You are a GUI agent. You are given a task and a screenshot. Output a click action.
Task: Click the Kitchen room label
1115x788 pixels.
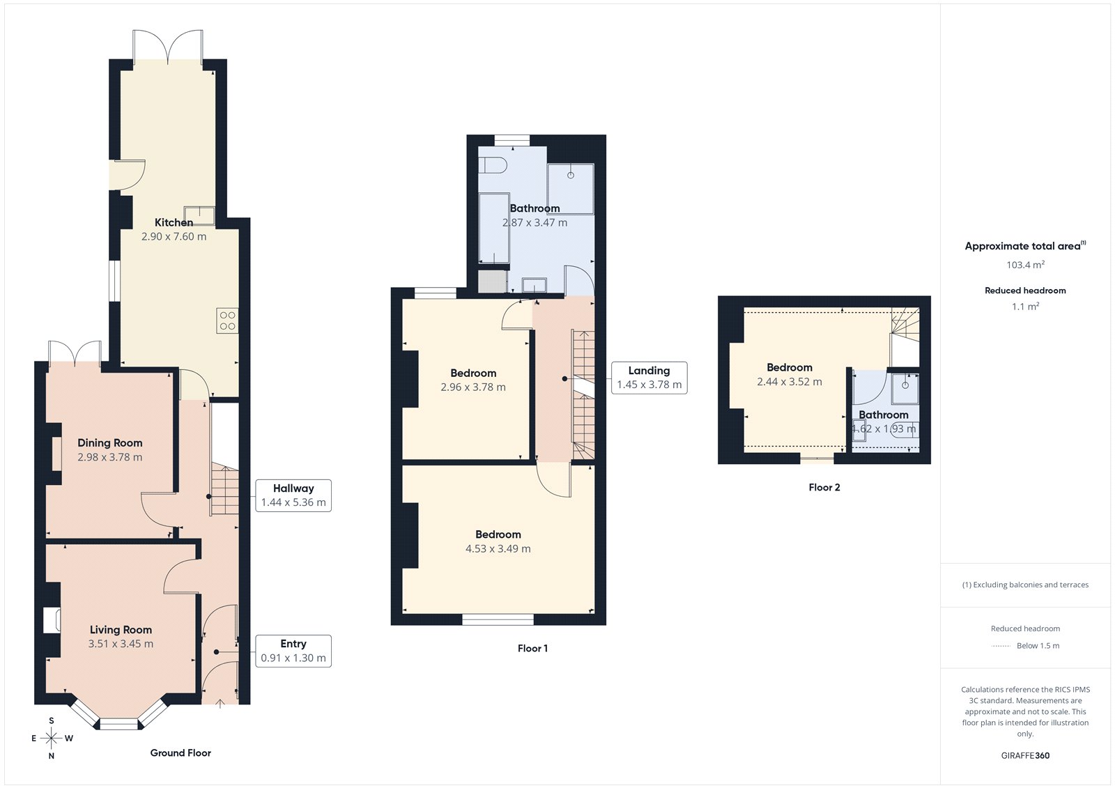(174, 222)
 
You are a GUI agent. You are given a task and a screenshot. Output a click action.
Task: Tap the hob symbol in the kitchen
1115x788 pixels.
(227, 320)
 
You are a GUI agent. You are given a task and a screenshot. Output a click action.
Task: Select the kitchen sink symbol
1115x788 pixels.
(199, 215)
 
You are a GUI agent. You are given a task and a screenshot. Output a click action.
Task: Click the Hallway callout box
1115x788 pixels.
(293, 495)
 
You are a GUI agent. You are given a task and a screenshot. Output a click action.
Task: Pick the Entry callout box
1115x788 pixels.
(293, 651)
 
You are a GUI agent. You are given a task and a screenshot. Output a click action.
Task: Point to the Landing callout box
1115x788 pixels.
(649, 378)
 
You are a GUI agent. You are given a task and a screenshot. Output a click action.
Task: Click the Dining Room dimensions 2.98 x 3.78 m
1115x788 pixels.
(110, 458)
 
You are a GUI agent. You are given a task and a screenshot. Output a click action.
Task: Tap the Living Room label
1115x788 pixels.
(121, 630)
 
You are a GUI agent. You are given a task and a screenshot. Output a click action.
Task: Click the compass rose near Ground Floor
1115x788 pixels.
(51, 739)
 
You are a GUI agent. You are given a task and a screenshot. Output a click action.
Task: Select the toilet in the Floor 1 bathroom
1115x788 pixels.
(493, 165)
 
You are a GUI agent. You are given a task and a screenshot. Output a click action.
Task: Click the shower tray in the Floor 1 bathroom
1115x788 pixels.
(571, 189)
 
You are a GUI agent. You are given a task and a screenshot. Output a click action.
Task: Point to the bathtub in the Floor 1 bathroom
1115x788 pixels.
(494, 229)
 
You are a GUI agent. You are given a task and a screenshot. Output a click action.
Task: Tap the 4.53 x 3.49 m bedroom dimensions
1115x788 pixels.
(498, 549)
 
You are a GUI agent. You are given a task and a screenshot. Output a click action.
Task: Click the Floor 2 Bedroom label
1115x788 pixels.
(789, 367)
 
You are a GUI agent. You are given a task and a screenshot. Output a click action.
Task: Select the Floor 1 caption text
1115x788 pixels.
(532, 649)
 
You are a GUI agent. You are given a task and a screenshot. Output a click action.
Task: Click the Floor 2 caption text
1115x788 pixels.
(824, 488)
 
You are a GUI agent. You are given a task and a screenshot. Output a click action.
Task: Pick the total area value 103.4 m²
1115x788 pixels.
(1025, 265)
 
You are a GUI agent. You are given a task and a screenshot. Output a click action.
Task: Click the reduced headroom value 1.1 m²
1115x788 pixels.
(1025, 307)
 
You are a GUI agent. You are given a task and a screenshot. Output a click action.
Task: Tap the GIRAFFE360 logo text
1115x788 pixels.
(1025, 755)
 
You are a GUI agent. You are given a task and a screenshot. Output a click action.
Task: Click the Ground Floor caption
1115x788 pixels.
(180, 753)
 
